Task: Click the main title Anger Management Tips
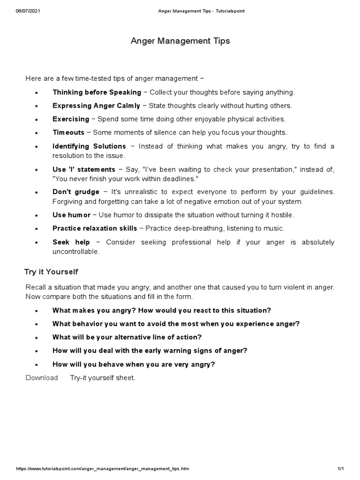click(180, 41)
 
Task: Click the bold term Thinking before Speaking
click(97, 92)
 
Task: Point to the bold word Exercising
click(71, 119)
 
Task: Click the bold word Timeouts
click(68, 133)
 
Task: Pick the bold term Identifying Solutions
click(89, 146)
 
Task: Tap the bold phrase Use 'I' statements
click(83, 169)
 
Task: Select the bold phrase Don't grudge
click(76, 192)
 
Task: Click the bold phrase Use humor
click(71, 215)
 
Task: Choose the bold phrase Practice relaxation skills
click(95, 228)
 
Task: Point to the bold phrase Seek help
click(71, 242)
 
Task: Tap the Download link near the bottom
click(42, 378)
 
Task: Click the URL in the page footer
click(103, 469)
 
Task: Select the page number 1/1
click(340, 469)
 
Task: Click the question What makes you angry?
click(92, 310)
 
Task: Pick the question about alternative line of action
click(127, 337)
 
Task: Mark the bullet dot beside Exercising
click(37, 120)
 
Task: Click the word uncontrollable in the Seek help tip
click(76, 252)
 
